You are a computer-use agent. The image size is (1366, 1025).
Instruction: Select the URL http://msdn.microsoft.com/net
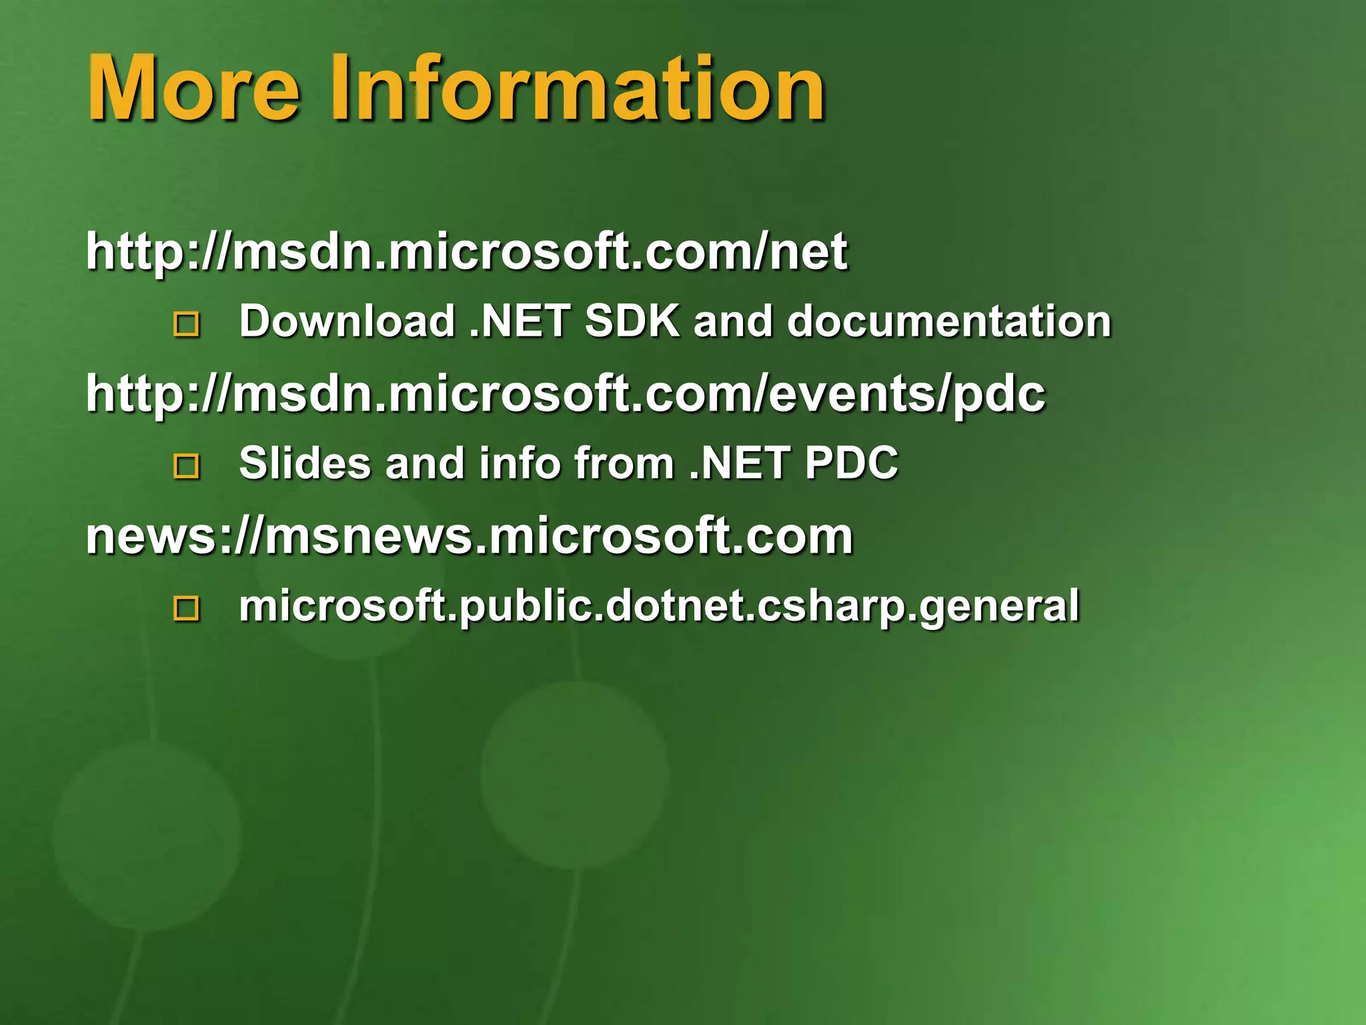click(x=466, y=252)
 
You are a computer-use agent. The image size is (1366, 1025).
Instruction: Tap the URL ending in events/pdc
click(x=565, y=394)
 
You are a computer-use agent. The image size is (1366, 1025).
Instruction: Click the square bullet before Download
click(x=186, y=324)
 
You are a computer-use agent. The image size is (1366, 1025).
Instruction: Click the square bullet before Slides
click(x=186, y=466)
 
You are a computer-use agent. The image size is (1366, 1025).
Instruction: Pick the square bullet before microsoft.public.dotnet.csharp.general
click(x=186, y=608)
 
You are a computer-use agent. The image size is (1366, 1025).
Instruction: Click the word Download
click(x=347, y=321)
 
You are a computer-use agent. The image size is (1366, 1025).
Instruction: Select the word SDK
click(x=632, y=321)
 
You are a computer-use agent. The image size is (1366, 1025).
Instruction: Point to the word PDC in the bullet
click(x=852, y=463)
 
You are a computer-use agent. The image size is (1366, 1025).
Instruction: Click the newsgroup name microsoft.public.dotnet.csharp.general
click(x=658, y=606)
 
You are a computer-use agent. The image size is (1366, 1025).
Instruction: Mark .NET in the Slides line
click(x=739, y=463)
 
